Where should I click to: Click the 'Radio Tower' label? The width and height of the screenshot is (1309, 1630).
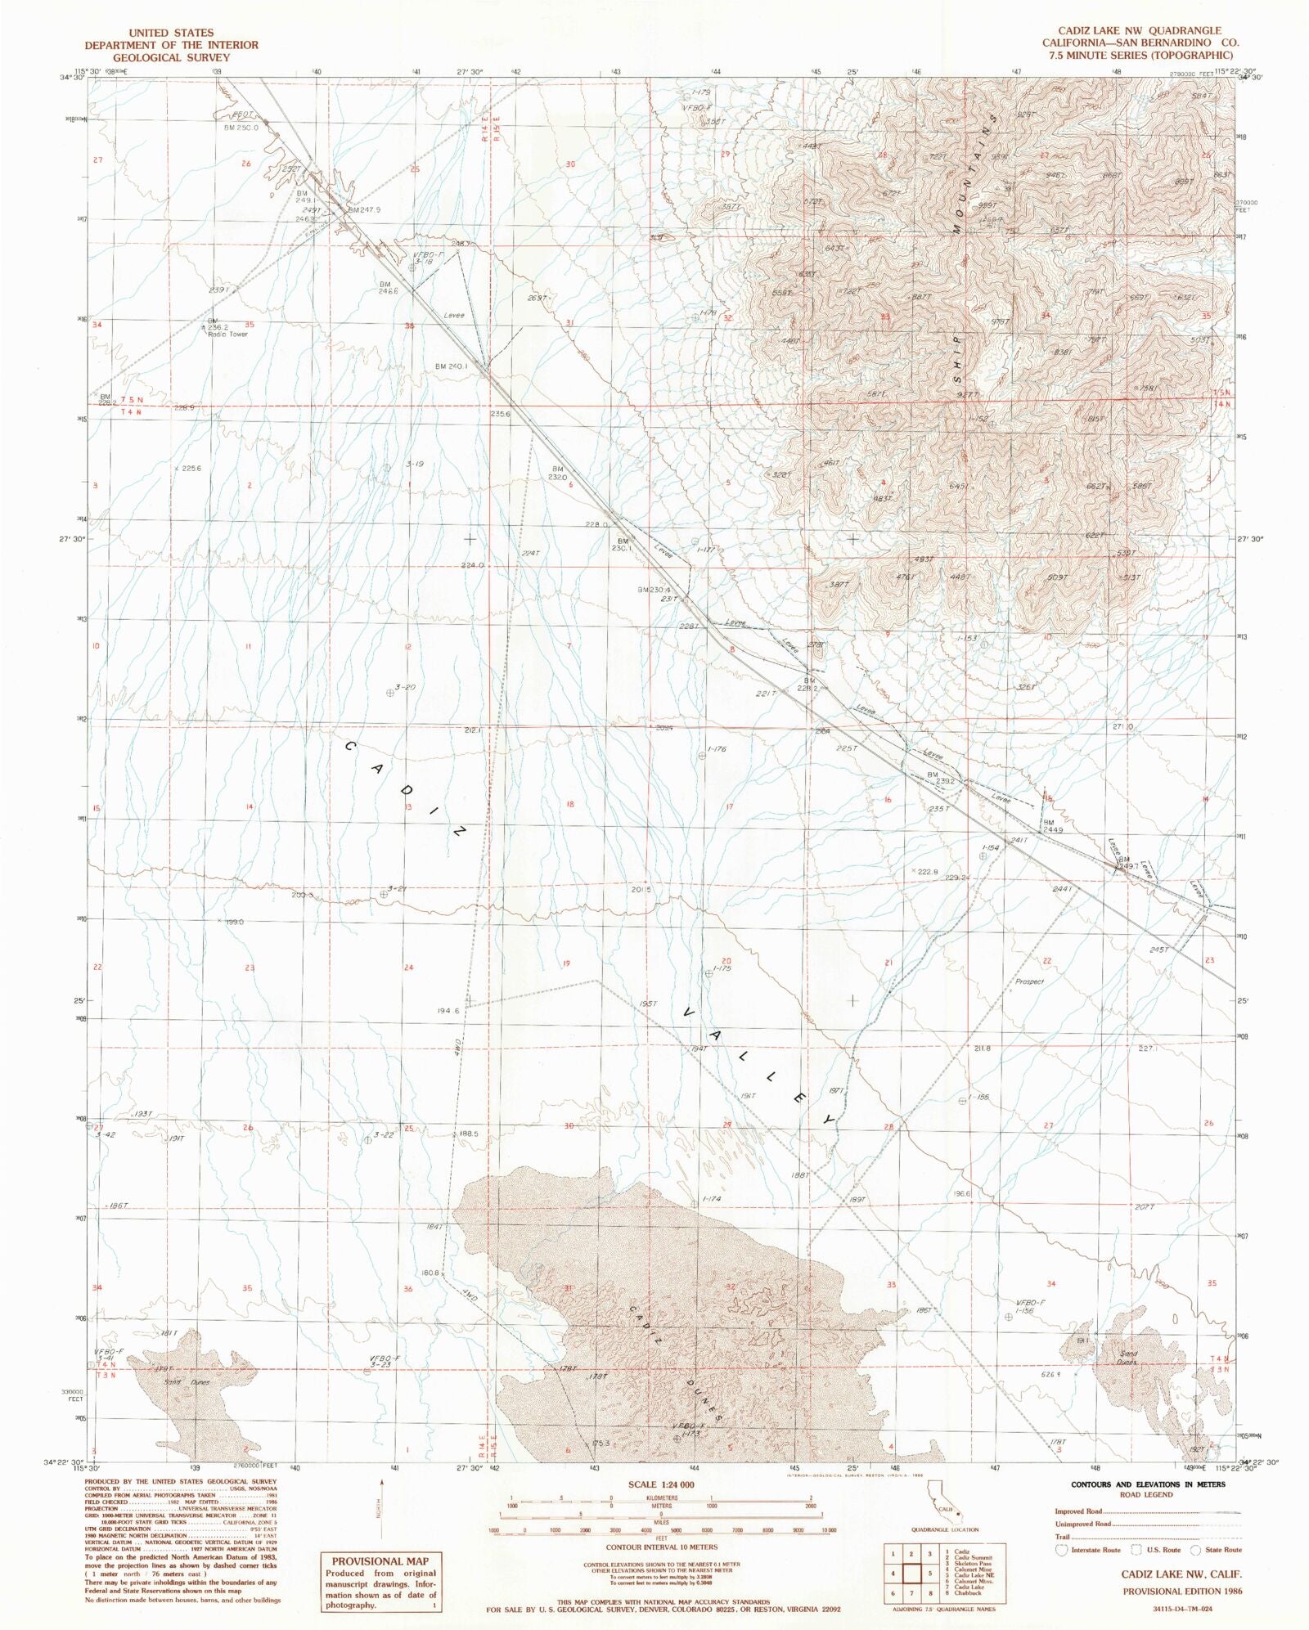[227, 335]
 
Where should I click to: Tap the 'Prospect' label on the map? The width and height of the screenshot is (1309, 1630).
[1029, 981]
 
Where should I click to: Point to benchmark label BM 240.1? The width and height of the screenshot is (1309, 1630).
[451, 366]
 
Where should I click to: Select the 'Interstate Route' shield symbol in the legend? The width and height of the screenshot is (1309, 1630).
[1062, 1549]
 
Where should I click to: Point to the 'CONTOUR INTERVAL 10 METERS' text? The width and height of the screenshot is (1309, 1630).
[662, 1547]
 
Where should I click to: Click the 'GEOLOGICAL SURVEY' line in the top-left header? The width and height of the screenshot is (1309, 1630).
[171, 57]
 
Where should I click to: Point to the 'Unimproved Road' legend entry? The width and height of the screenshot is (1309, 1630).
[1083, 1524]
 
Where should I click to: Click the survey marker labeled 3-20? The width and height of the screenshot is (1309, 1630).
[390, 693]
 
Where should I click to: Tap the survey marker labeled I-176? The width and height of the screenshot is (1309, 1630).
[702, 756]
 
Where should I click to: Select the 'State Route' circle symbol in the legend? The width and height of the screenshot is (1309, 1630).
[1195, 1549]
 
